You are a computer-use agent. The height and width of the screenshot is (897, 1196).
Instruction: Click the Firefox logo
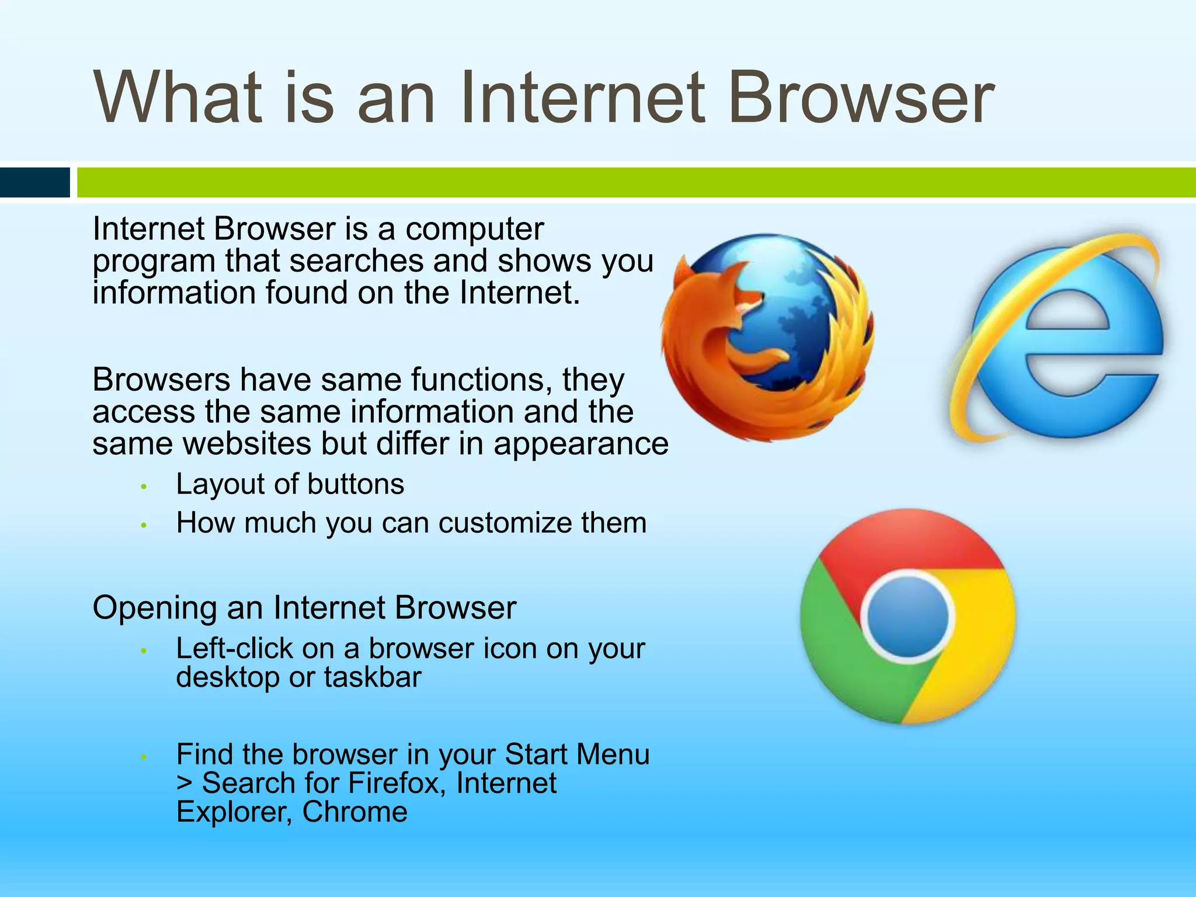[x=768, y=337]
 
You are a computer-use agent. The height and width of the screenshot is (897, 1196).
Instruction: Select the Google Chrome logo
[x=907, y=616]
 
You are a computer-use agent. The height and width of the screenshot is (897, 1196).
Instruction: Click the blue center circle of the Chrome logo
[x=907, y=616]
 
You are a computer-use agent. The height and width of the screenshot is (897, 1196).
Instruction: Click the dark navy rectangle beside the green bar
[x=34, y=182]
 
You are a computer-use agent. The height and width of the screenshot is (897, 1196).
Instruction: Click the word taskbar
[x=372, y=677]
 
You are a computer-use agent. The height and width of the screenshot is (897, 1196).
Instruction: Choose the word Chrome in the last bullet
[x=354, y=812]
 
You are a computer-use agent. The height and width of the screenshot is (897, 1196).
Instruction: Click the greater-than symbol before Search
[x=184, y=784]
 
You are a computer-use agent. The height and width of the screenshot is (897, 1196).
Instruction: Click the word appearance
[x=580, y=444]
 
